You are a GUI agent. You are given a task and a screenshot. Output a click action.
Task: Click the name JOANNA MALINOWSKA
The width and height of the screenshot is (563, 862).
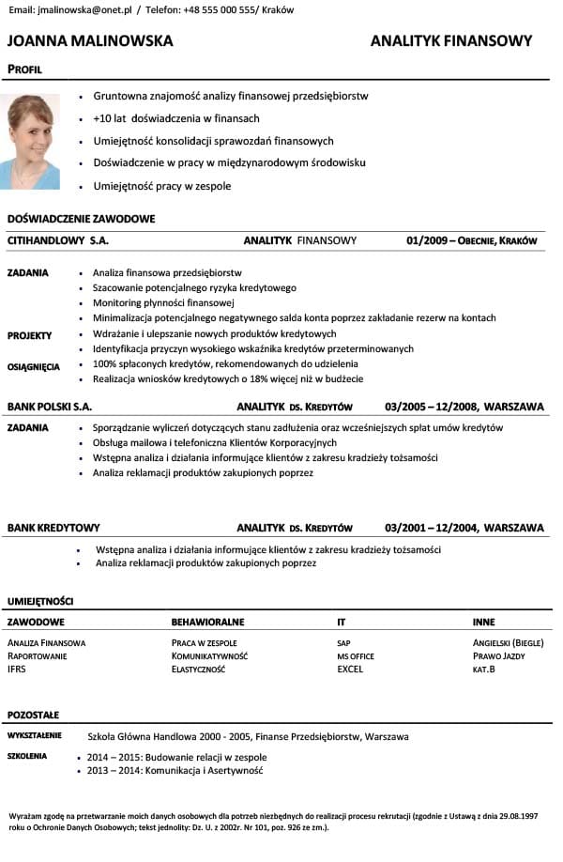[x=90, y=41]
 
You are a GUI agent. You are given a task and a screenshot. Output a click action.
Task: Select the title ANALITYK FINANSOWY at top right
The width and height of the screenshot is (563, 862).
[x=451, y=41]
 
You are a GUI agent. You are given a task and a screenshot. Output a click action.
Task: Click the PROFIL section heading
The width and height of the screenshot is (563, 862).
[x=24, y=69]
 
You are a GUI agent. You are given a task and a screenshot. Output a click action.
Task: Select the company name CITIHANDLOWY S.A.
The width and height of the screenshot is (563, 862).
[x=58, y=241]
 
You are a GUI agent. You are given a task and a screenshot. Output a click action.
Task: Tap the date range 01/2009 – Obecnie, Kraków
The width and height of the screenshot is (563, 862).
[x=472, y=241]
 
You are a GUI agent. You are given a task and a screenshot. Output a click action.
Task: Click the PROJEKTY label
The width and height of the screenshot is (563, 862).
[x=30, y=335]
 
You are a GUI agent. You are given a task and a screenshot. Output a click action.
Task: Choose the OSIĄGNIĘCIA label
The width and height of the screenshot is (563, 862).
[x=34, y=367]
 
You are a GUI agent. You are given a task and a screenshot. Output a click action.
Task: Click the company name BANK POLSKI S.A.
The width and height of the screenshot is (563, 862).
[x=50, y=408]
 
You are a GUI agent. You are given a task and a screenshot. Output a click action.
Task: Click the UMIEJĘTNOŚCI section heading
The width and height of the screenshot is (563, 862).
[x=40, y=601]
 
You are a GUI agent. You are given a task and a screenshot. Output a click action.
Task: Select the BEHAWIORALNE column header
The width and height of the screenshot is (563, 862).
[x=207, y=623]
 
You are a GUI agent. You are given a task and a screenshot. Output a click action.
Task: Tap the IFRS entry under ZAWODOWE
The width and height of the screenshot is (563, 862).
[x=18, y=670]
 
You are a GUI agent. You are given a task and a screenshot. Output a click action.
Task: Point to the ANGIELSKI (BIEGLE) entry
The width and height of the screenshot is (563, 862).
[x=509, y=643]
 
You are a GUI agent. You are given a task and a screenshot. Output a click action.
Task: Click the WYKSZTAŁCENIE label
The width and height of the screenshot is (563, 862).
[x=35, y=735]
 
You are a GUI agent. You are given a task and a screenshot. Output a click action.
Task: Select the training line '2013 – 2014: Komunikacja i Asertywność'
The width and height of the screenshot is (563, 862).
[x=175, y=771]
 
